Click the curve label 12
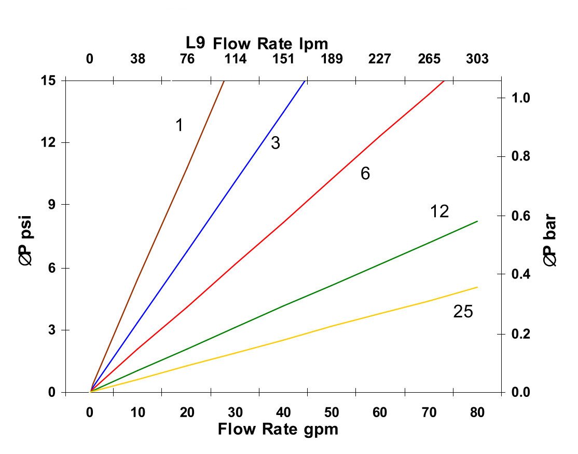439,211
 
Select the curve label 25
463,312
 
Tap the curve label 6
365,173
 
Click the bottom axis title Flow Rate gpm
278,430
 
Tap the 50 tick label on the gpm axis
332,413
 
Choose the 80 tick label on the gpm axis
477,413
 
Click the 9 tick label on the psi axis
52,205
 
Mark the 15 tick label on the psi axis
49,81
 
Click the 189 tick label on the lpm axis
332,59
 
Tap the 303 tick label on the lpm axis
477,59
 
